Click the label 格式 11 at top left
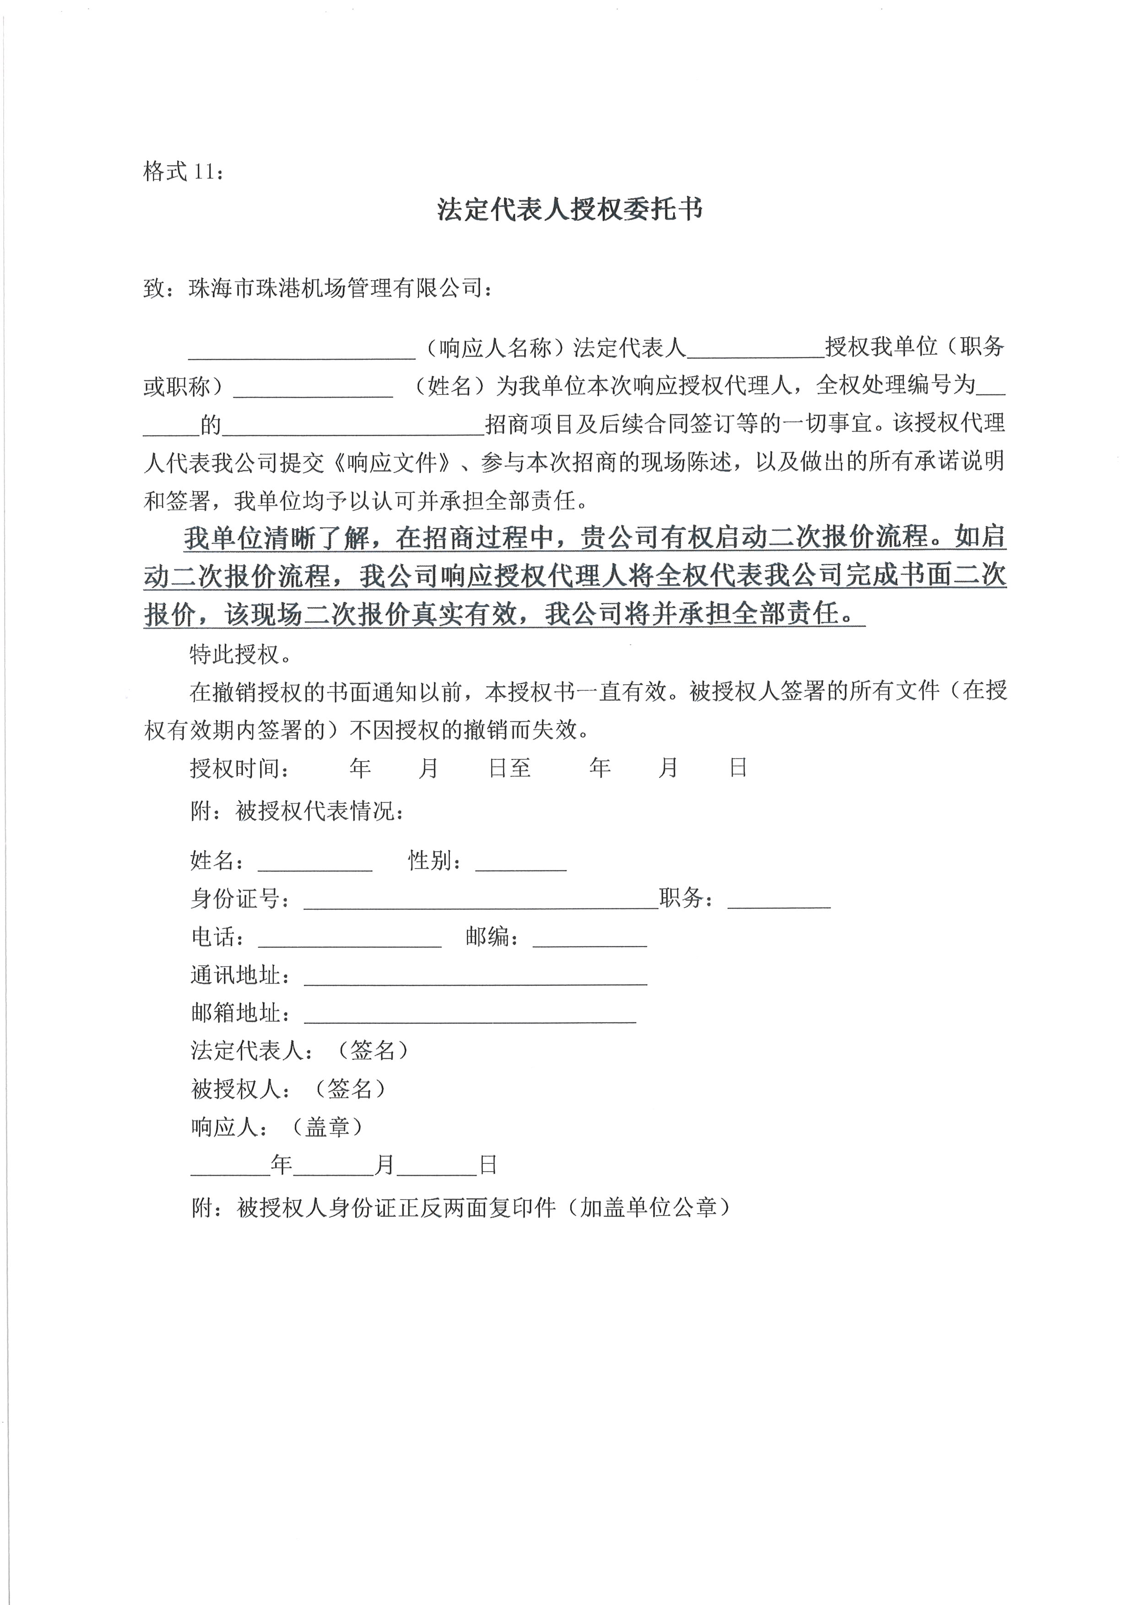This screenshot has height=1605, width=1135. pyautogui.click(x=183, y=171)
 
